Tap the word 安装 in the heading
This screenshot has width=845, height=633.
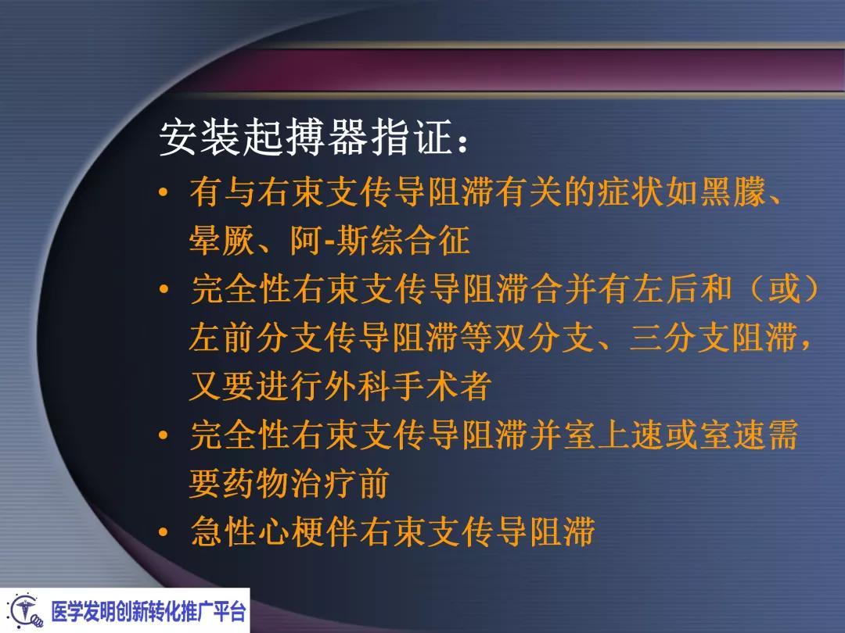click(192, 138)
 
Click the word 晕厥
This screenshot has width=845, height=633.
click(222, 241)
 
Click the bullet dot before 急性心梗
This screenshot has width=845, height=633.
click(163, 534)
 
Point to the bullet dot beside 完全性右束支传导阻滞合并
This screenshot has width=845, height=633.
click(163, 291)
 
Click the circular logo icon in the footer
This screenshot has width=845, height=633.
click(24, 610)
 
